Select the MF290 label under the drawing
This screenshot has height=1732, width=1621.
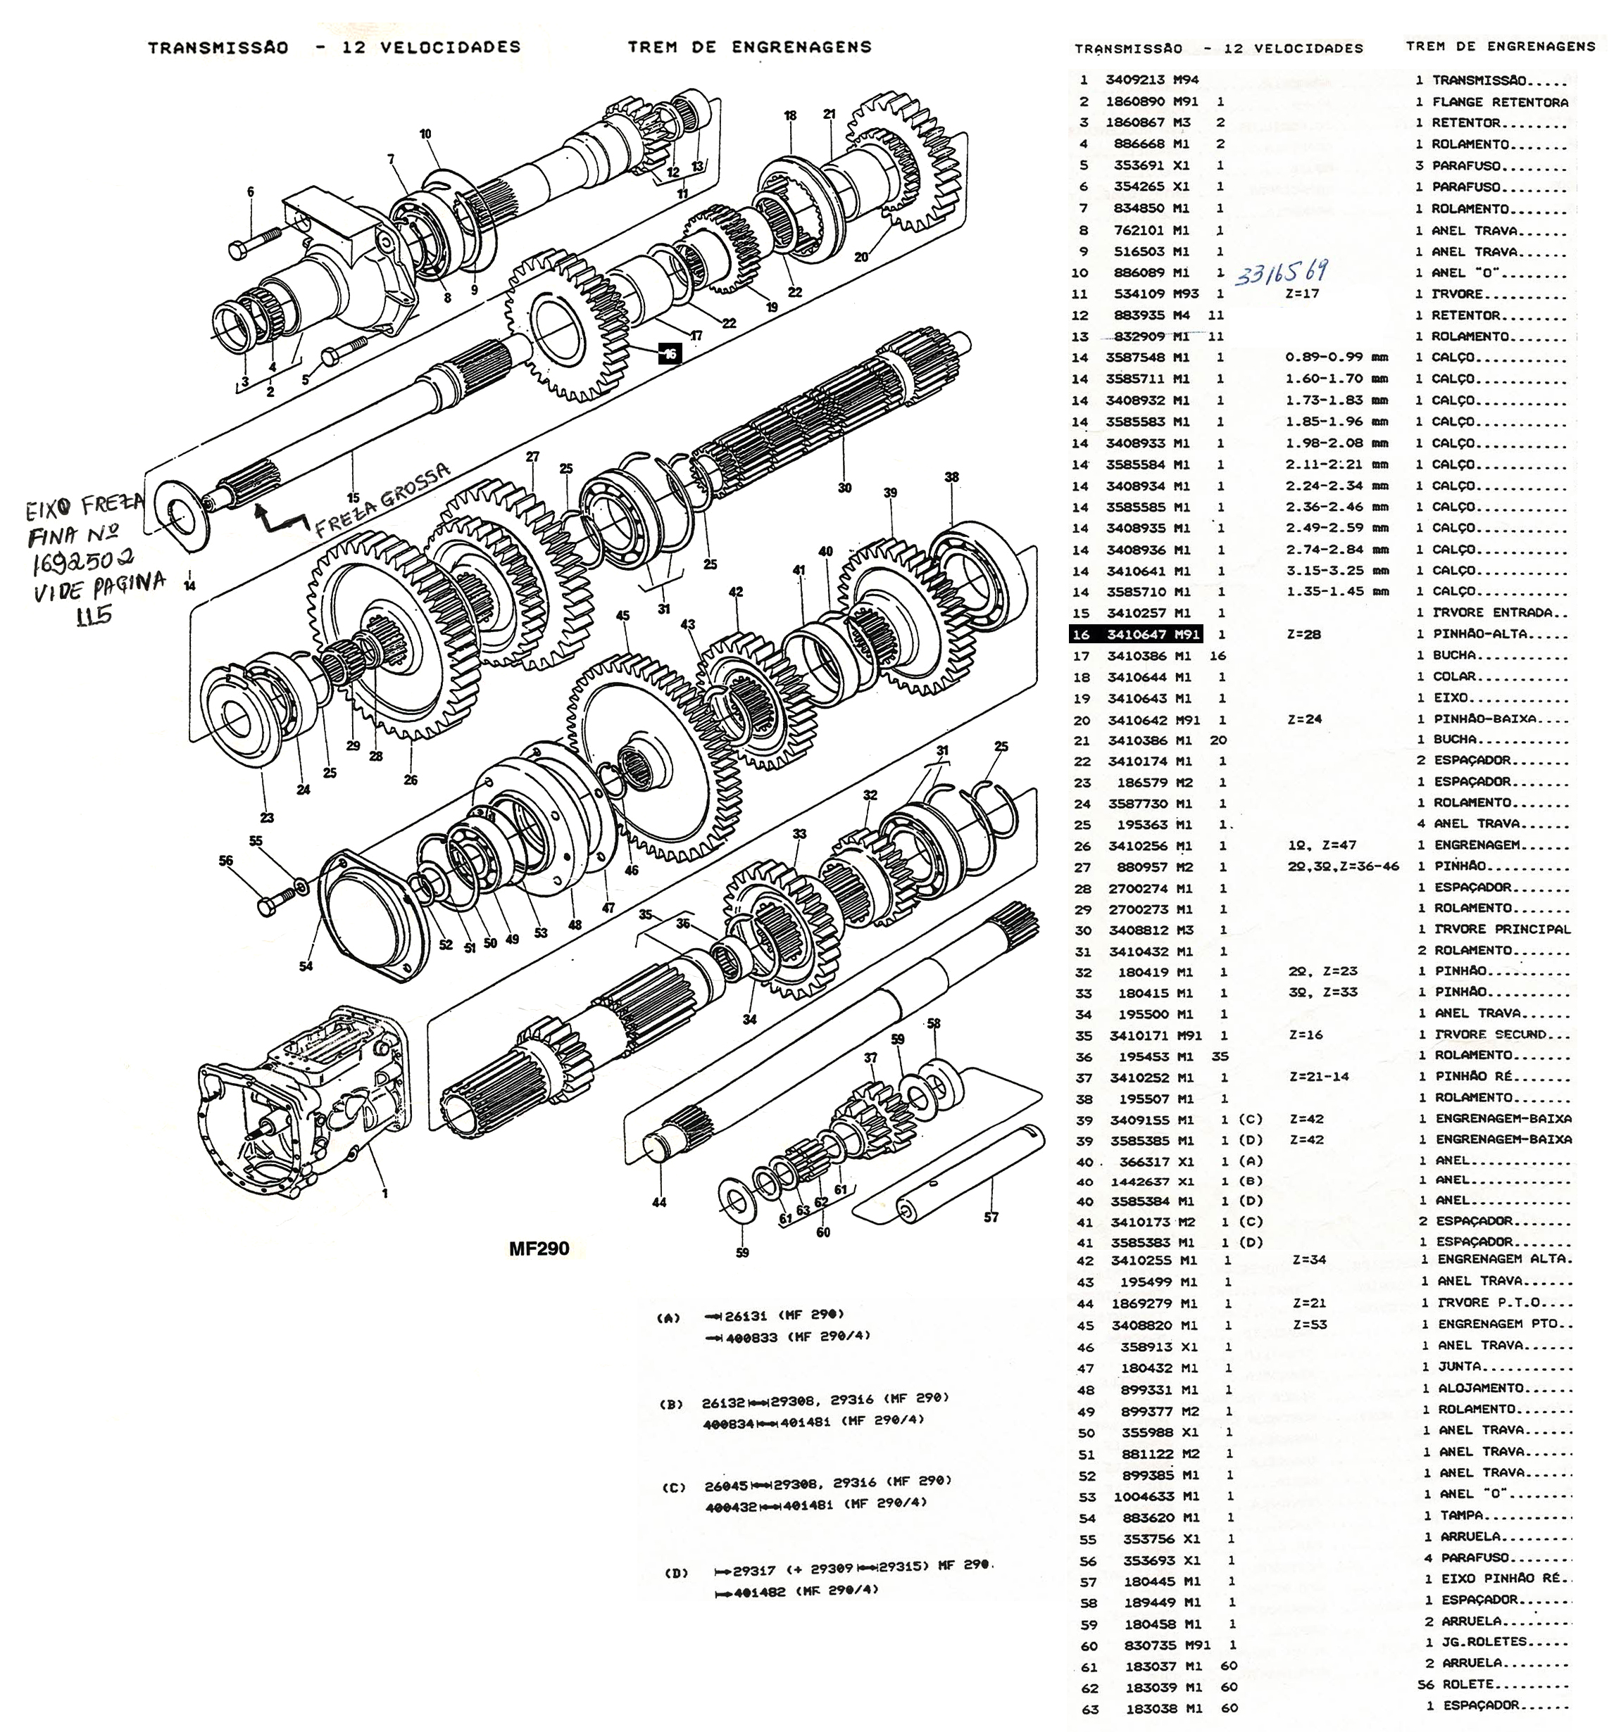point(539,1249)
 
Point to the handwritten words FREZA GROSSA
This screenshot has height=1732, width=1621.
point(384,499)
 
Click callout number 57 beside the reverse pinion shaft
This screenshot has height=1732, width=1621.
point(991,1217)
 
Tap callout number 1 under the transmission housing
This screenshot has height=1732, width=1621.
point(384,1194)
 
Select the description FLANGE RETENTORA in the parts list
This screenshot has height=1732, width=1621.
point(1500,102)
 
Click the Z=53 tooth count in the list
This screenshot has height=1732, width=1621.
point(1309,1325)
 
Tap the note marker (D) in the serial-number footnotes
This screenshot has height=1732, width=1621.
point(676,1574)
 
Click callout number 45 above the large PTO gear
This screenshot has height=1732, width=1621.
point(622,615)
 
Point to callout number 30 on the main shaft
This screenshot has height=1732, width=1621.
point(844,488)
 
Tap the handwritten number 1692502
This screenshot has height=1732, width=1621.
point(84,562)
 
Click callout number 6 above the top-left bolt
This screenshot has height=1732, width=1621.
point(251,191)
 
